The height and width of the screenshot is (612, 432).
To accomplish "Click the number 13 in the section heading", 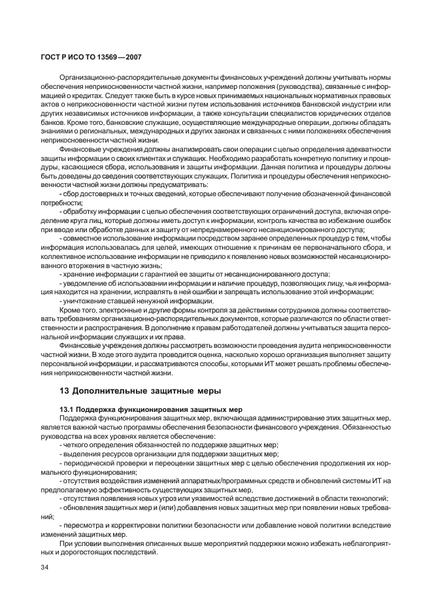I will pyautogui.click(x=65, y=391).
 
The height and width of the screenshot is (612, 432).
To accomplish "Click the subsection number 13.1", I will pyautogui.click(x=67, y=408).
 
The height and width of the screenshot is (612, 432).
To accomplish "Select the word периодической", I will pyautogui.click(x=89, y=462).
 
